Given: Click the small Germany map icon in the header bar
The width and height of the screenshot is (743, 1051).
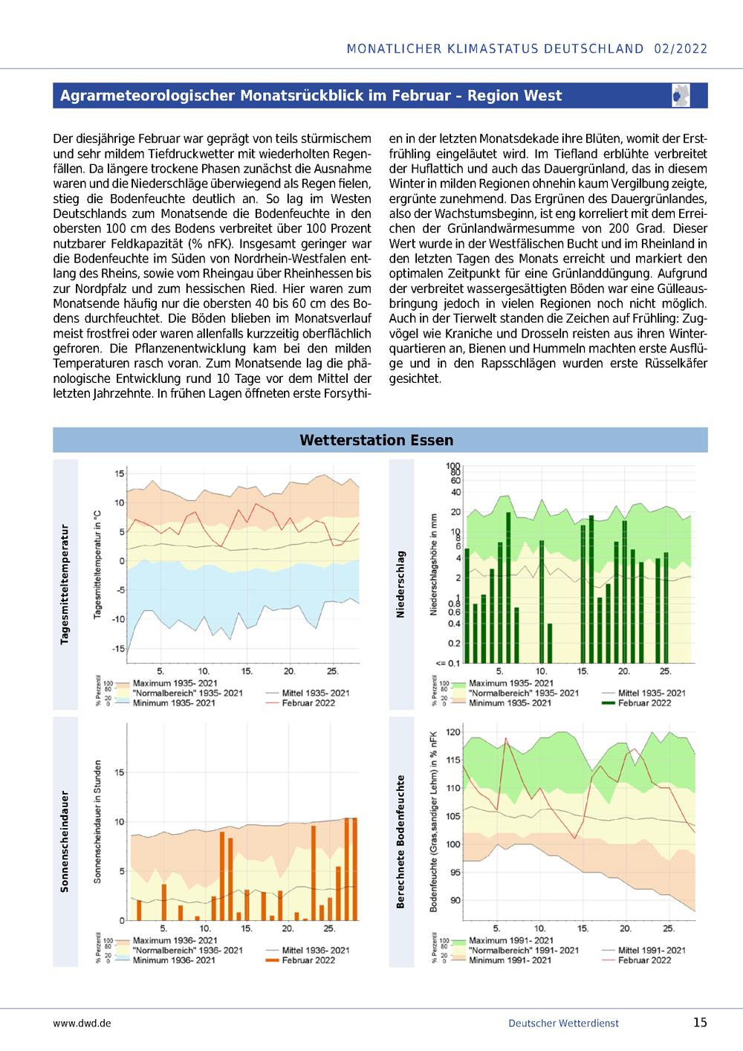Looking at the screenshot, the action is click(681, 95).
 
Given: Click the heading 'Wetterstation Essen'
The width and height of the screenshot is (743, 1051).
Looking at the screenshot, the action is click(376, 440).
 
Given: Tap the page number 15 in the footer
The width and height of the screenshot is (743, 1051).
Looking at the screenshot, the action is click(700, 1022).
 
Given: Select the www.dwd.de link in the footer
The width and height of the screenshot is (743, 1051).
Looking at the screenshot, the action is click(82, 1023).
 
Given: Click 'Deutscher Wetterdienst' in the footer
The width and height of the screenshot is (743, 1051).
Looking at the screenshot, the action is click(563, 1023).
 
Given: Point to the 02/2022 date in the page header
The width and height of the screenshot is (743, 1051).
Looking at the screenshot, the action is click(681, 49).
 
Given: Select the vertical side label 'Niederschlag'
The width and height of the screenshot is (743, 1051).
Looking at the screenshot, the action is click(400, 584).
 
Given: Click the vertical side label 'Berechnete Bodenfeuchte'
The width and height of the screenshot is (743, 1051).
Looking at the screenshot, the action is click(400, 841).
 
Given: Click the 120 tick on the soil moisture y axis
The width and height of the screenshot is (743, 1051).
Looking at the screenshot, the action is click(453, 732).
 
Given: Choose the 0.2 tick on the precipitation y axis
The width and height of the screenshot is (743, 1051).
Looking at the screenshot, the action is click(455, 643).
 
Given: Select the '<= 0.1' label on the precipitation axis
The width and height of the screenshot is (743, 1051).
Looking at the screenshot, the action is click(448, 664).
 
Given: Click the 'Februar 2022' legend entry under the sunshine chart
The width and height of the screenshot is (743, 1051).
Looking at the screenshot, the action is click(308, 960).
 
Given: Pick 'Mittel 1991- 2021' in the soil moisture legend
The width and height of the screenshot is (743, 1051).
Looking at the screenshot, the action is click(652, 950).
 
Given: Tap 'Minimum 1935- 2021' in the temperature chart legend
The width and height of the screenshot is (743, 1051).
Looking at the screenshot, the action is click(174, 703).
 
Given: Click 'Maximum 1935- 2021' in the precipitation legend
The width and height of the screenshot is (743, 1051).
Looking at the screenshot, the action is click(511, 683).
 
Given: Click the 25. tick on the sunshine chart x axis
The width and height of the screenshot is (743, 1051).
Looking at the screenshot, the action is click(329, 928).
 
